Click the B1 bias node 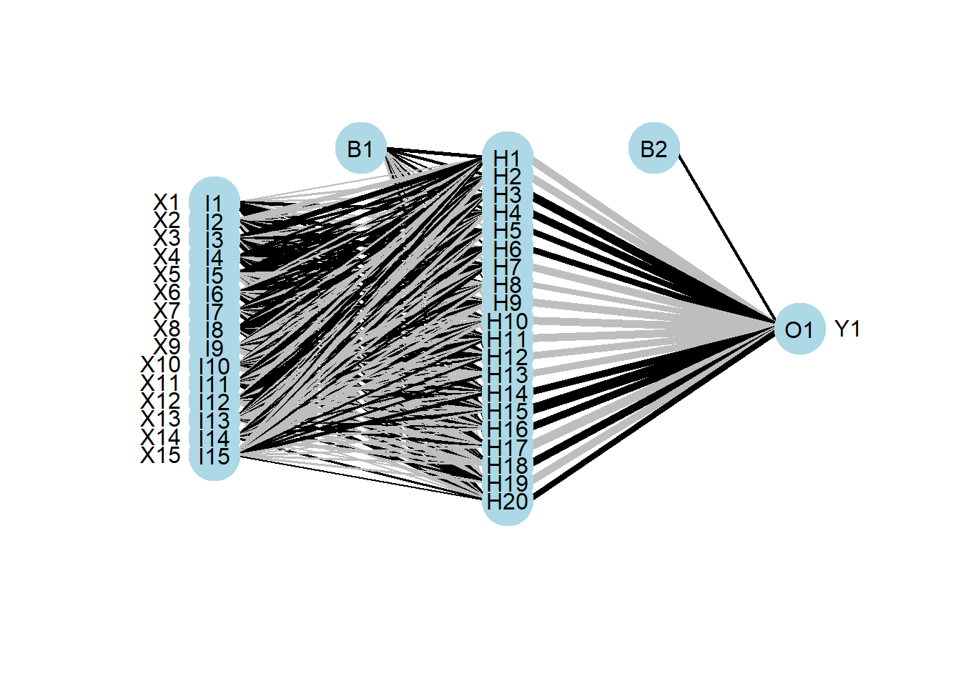coord(360,149)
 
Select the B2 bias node coord(654,149)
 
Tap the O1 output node coord(799,329)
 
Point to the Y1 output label coord(847,329)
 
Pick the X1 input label coord(167,203)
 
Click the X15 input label coord(161,455)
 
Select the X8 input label coord(167,329)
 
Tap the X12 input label coord(161,401)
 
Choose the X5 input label coord(167,275)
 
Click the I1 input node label coord(214,204)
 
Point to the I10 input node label coord(214,366)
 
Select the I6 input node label coord(214,294)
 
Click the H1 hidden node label coord(507,158)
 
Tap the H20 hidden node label coord(507,502)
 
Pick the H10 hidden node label coord(507,321)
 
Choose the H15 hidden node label coord(507,412)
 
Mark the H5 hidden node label coord(507,231)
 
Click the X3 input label coord(167,239)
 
